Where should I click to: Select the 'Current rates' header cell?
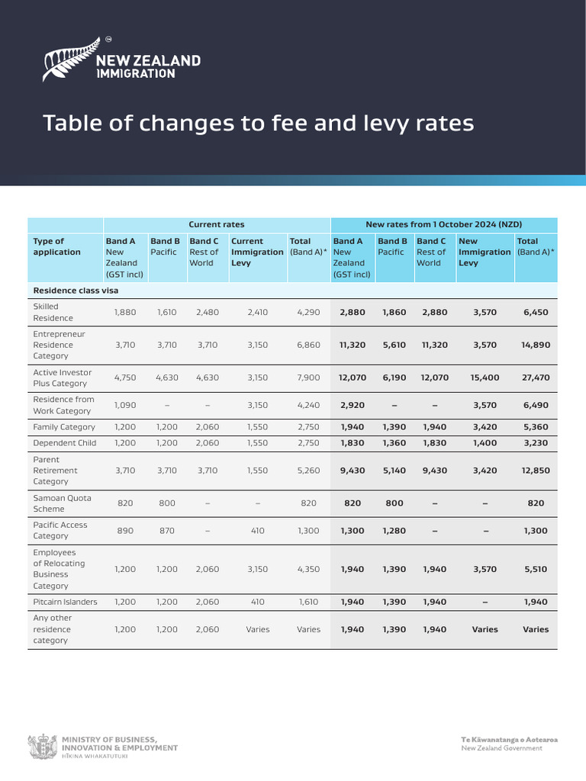coord(217,224)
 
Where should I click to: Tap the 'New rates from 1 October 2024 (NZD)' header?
coord(443,224)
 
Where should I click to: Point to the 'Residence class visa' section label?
coord(75,291)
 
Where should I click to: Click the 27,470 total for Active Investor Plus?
coord(536,378)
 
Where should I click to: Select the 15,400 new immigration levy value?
coord(485,378)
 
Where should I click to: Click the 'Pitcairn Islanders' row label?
coord(65,602)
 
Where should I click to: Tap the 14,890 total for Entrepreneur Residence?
coord(536,345)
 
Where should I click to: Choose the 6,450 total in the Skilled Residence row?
coord(536,312)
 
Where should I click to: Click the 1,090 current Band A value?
coord(124,405)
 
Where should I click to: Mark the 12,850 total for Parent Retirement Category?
coord(536,471)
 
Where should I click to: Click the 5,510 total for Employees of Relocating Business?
coord(536,569)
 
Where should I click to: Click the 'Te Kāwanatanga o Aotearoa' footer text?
coord(509,740)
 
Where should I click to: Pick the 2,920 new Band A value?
coord(352,405)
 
